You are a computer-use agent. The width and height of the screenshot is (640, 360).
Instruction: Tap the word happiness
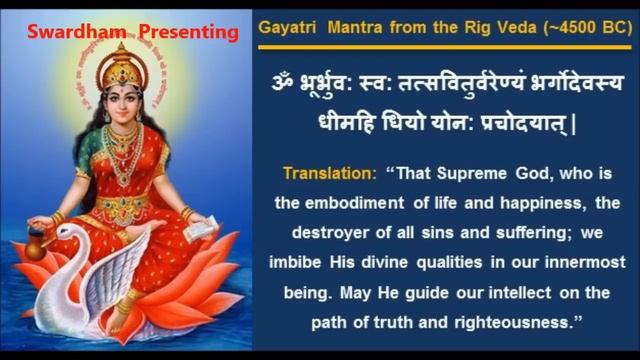click(554, 204)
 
